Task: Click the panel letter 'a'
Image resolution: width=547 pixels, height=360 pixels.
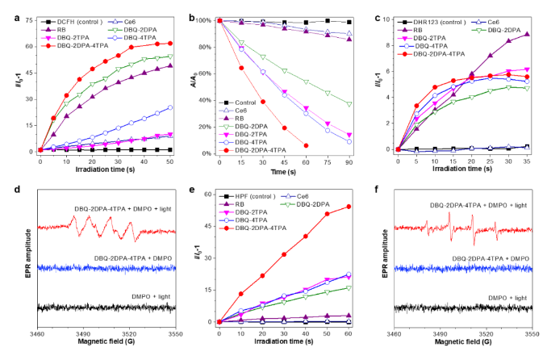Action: (x=5, y=9)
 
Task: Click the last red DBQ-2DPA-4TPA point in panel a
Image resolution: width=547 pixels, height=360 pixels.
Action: (x=169, y=44)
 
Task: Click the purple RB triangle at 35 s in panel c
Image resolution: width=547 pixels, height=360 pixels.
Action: (x=527, y=34)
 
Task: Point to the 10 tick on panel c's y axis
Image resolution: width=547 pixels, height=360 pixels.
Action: (x=386, y=19)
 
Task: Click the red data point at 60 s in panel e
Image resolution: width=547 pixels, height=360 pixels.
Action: (x=349, y=207)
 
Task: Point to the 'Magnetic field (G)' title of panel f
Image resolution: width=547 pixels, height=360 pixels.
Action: (x=463, y=343)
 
